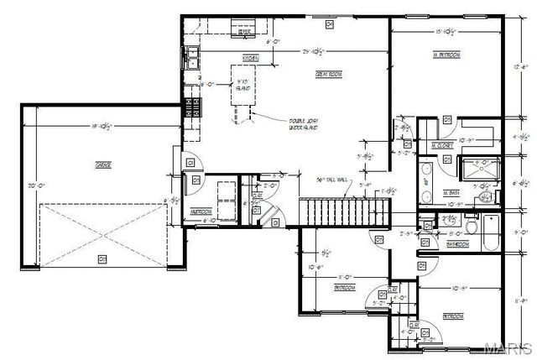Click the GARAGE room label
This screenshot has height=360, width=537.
103,165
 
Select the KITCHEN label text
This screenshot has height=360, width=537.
249,58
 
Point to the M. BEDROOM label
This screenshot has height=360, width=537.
445,55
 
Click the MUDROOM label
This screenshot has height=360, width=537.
201,212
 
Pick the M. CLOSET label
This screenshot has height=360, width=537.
442,146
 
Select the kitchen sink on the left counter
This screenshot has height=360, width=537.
192,58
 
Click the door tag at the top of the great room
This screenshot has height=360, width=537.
330,25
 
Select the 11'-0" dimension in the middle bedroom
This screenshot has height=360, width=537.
344,275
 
